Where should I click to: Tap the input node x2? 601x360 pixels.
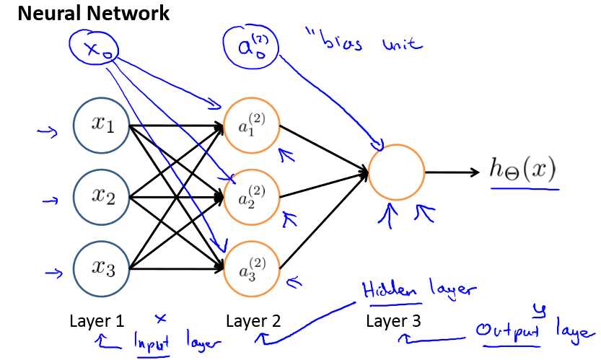click(102, 196)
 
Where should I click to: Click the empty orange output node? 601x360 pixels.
click(396, 172)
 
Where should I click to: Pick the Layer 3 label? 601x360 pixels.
click(394, 320)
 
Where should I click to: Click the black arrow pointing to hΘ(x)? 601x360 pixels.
click(452, 172)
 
